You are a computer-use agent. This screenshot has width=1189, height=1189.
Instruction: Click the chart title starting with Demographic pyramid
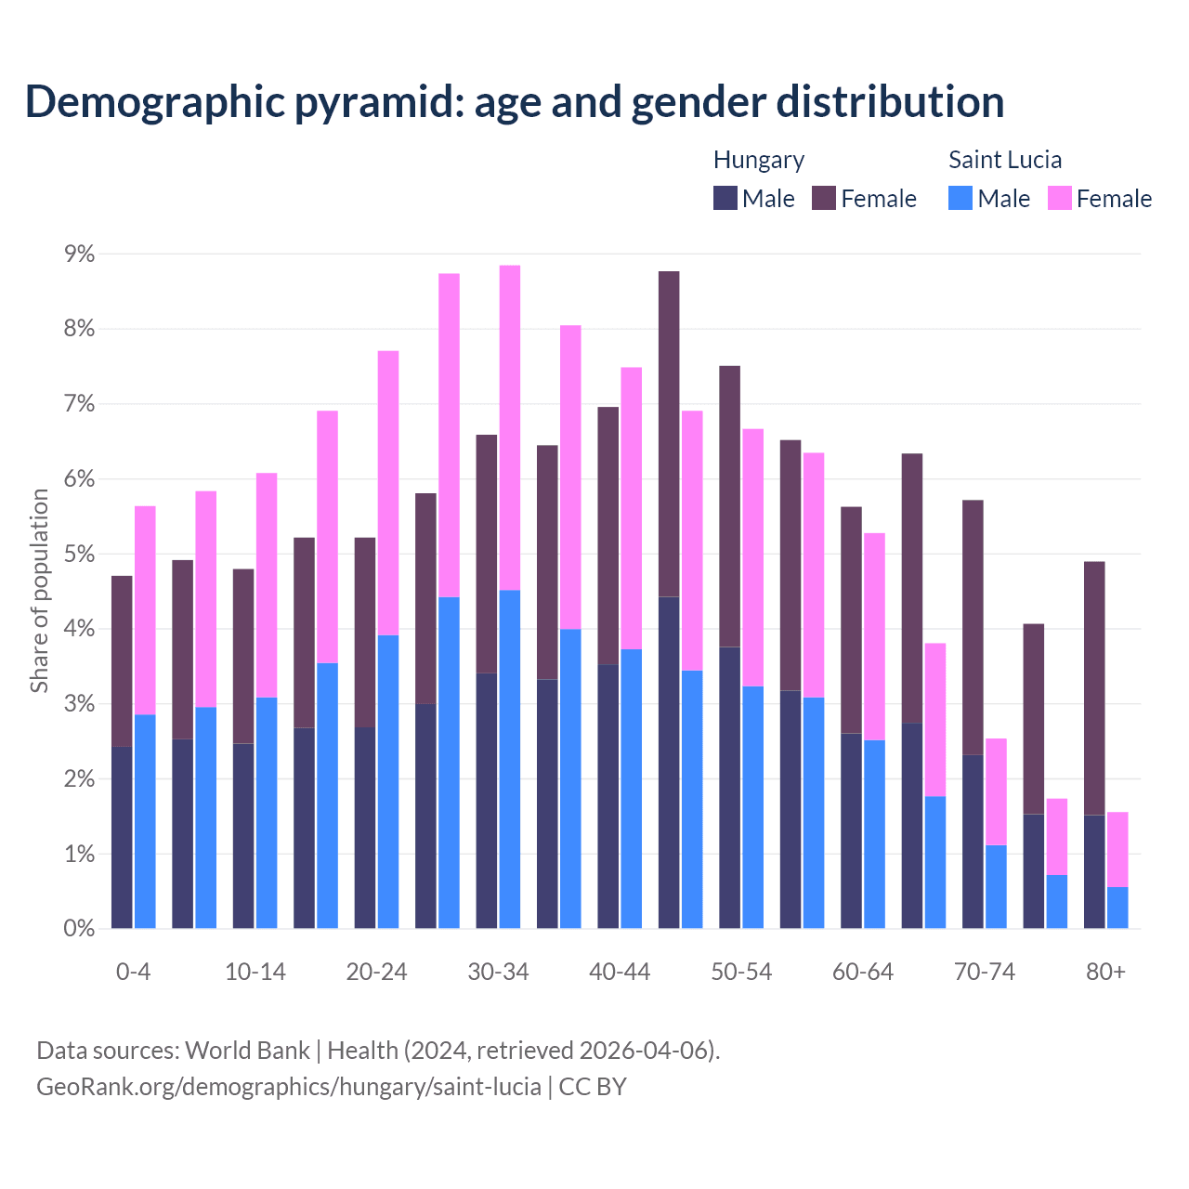click(x=514, y=101)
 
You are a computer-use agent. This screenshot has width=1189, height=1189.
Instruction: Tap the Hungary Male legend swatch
click(x=725, y=198)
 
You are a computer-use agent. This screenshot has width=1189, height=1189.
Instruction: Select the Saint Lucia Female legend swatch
click(x=1059, y=198)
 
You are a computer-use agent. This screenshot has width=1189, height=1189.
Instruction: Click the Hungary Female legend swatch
click(x=824, y=198)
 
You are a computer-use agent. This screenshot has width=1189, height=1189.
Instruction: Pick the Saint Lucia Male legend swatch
click(x=960, y=198)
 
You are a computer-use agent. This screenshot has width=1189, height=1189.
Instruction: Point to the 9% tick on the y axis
click(x=79, y=254)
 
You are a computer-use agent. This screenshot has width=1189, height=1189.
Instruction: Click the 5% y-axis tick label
click(x=79, y=554)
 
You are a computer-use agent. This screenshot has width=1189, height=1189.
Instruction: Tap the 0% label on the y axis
click(x=79, y=928)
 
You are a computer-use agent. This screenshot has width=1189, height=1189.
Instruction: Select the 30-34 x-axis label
click(x=498, y=972)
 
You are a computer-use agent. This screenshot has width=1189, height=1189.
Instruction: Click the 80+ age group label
click(x=1105, y=972)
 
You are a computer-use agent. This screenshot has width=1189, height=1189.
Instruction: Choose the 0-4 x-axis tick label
click(x=134, y=972)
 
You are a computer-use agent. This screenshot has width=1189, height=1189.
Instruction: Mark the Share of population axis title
click(x=40, y=591)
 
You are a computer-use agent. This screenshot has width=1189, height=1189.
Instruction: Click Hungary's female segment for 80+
click(x=1094, y=687)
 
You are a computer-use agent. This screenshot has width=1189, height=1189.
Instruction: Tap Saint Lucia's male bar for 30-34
click(x=510, y=758)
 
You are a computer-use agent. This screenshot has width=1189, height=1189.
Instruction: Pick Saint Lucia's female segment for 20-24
click(x=388, y=492)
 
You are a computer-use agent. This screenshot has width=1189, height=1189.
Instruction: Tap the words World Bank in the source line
click(x=247, y=1051)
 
